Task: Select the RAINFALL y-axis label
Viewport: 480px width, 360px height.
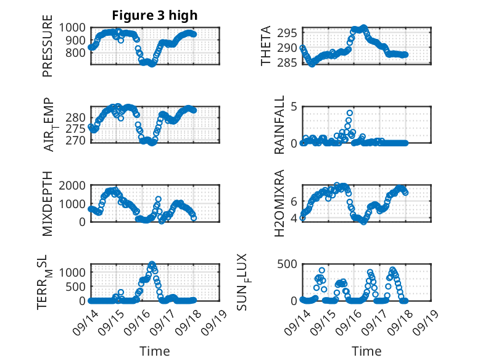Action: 279,125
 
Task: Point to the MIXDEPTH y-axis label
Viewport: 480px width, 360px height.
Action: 48,203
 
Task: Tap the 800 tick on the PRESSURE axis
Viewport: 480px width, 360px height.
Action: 77,52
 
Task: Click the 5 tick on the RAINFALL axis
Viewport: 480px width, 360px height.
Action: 294,106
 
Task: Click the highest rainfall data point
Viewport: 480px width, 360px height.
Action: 349,113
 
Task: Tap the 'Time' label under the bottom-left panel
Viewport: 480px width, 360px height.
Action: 154,351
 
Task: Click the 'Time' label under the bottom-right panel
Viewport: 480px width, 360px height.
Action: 366,351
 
